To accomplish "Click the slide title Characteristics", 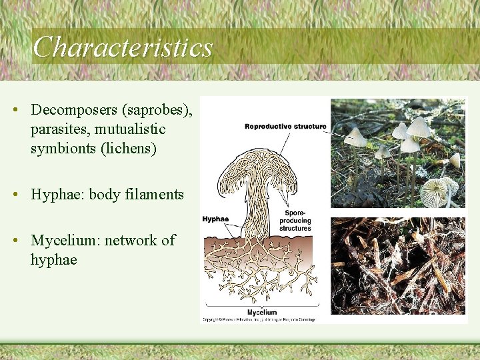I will coord(123,47).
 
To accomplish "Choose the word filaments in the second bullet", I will coord(153,195).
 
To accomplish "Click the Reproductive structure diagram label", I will coord(285,127).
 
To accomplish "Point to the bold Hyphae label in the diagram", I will coord(215,219).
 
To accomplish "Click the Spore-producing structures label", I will coord(295,221).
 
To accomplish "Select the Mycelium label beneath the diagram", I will coord(261,312).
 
